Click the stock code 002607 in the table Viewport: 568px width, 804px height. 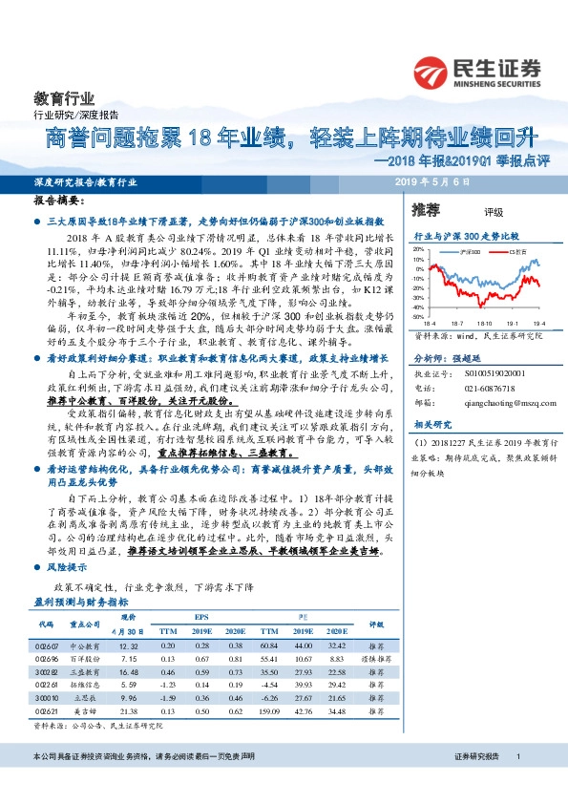[47, 646]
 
